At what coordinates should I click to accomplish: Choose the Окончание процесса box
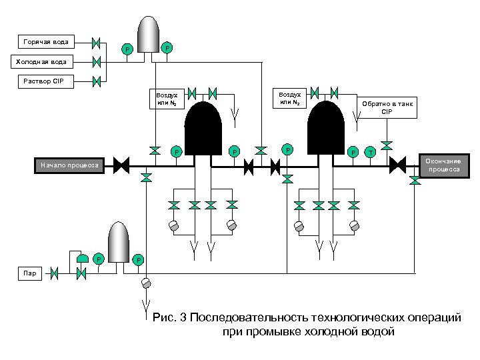pos(443,165)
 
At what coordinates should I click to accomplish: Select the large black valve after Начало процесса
pos(121,165)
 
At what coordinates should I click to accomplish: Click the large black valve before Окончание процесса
pos(398,165)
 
